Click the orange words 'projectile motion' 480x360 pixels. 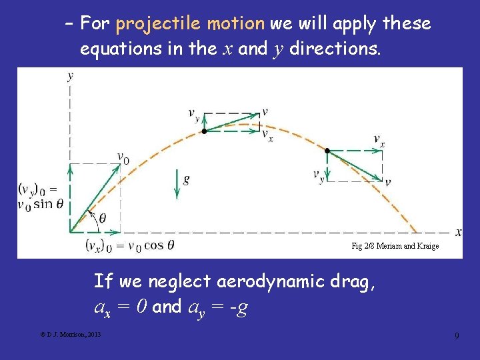coord(190,24)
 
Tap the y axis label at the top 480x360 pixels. coord(70,76)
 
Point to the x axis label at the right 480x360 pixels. coord(459,232)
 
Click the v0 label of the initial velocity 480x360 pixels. coord(123,158)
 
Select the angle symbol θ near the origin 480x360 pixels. coord(101,217)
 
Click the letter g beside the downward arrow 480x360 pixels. coord(187,179)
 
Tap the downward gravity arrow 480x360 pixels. coord(177,183)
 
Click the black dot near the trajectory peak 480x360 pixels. coord(204,131)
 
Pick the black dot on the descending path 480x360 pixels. coord(327,151)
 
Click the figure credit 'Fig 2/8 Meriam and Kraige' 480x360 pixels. coord(395,246)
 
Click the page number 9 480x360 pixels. coord(456,335)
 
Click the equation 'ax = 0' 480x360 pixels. coord(121,307)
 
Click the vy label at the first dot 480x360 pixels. coord(193,115)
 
